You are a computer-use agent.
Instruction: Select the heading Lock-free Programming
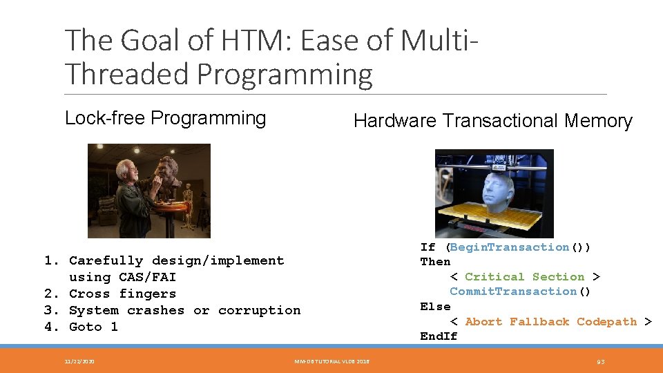click(165, 118)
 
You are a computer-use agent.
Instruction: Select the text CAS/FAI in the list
click(147, 278)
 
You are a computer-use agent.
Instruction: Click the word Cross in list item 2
click(90, 294)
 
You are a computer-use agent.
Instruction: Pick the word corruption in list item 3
click(259, 311)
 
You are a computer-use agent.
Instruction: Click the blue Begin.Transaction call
click(510, 247)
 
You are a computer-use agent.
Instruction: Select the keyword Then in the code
click(435, 262)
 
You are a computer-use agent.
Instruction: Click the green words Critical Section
click(524, 277)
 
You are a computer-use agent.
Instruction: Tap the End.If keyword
click(439, 336)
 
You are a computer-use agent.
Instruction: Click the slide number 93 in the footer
click(601, 361)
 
